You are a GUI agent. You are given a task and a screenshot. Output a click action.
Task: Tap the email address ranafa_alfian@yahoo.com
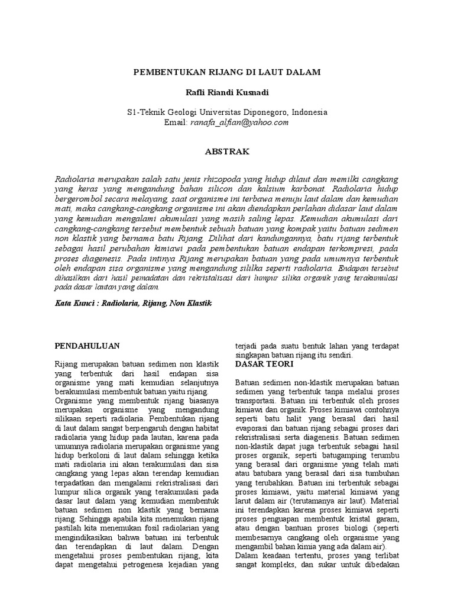click(x=238, y=122)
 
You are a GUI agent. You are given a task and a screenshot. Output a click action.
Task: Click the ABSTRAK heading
click(x=227, y=151)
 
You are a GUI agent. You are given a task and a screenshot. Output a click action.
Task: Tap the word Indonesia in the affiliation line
click(x=307, y=112)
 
